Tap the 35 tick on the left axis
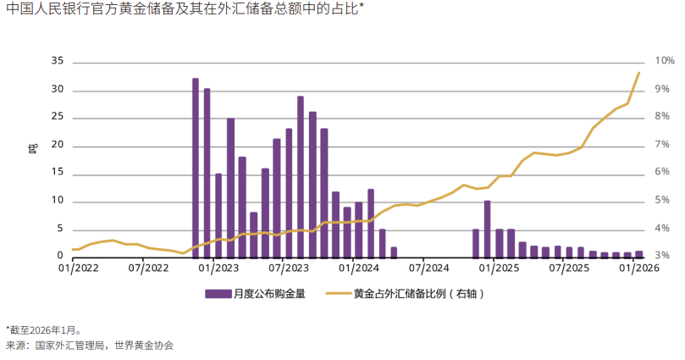58,62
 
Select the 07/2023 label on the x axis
289,269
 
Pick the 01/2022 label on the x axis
76,269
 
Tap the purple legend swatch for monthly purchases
218,294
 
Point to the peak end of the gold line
638,73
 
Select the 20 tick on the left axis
58,146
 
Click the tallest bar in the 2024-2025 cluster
487,229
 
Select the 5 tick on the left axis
60,229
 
